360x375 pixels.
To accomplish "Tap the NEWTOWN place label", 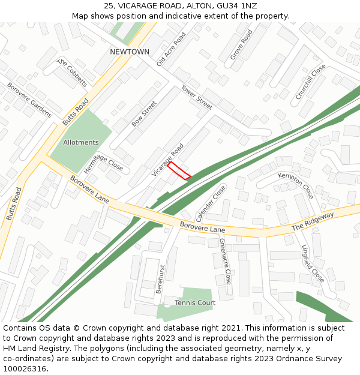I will point(130,52).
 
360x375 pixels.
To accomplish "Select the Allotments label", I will point(80,143).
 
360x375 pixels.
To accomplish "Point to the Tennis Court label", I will point(195,303).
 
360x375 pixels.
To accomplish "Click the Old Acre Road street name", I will point(172,49).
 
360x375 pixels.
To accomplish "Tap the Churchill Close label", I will point(310,82).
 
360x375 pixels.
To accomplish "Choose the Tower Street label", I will point(197,97).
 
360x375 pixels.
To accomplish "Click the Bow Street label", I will point(144,113).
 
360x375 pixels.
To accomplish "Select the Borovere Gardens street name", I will point(29,100).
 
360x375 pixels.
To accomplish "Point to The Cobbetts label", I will point(72,73).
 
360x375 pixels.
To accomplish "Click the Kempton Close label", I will point(296,185).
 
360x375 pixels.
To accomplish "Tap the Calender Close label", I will point(211,203).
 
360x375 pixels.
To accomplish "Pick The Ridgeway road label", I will point(313,222).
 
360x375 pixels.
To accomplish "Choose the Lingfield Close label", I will point(313,263).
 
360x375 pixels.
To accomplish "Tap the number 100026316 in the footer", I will point(25,369).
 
